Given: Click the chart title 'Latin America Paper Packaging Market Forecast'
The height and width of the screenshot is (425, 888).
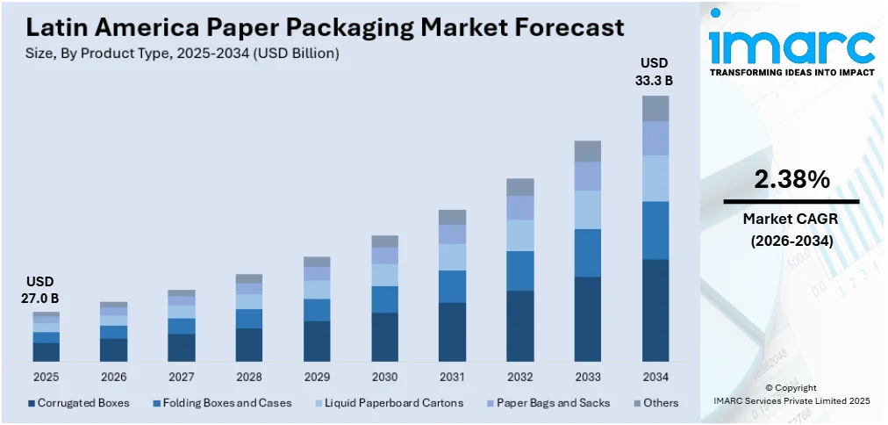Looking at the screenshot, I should [x=320, y=26].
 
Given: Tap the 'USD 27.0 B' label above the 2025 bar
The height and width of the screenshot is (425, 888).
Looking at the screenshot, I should [x=39, y=290].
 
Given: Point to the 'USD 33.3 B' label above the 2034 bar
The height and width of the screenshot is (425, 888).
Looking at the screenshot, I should [x=655, y=72].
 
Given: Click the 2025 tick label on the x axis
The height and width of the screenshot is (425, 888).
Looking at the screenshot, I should [x=47, y=377].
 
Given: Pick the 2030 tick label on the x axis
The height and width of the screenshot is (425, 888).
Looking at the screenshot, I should [x=384, y=377].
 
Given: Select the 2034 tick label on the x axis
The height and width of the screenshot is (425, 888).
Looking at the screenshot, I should [x=655, y=377].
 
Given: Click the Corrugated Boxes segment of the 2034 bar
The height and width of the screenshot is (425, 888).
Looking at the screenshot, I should [x=655, y=310].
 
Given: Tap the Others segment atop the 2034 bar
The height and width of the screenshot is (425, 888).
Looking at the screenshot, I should [x=655, y=108].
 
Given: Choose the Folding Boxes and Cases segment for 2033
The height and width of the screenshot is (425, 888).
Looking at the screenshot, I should [x=587, y=253].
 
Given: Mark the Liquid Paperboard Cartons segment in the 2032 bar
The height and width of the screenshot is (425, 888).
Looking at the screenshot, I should [x=519, y=235].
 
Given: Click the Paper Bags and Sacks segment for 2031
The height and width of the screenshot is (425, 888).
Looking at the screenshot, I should [x=452, y=234].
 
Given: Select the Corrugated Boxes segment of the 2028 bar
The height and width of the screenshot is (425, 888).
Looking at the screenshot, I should [x=249, y=344].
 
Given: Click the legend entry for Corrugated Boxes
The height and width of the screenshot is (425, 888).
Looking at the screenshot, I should [x=79, y=403].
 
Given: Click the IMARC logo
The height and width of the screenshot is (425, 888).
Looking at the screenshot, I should [x=791, y=46].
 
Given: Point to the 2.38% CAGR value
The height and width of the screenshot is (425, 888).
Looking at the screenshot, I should [x=791, y=180].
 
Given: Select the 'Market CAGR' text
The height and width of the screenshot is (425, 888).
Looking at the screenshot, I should [x=791, y=218].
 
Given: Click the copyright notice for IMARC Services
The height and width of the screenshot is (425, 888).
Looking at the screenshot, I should [x=791, y=393].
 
